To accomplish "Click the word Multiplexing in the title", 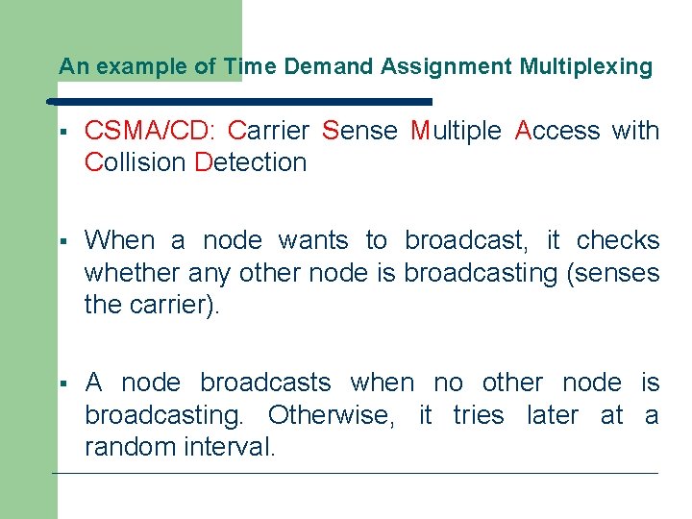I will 585,67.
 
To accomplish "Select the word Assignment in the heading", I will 447,67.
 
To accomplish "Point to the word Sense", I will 360,131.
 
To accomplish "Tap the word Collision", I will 136,162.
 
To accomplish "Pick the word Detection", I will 251,162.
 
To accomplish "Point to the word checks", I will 618,240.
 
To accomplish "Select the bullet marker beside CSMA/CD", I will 61,132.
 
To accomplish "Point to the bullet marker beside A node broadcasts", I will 61,383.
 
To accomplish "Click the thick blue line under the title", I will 240,100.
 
